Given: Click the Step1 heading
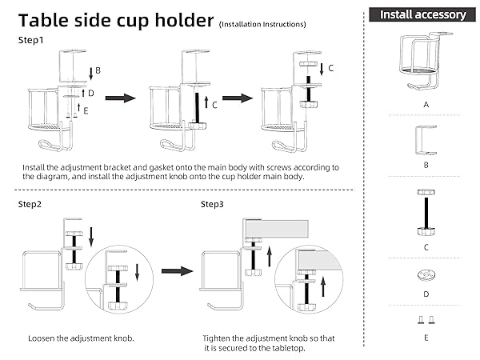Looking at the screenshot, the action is (x=31, y=40).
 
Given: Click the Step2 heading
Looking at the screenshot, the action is (x=30, y=204).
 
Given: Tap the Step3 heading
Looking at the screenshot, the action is (x=212, y=204).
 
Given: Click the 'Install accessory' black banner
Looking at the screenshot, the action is (x=422, y=14).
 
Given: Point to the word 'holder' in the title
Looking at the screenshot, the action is (x=184, y=20).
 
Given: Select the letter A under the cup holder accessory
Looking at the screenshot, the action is (x=426, y=105).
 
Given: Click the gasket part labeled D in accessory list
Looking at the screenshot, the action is (x=426, y=274).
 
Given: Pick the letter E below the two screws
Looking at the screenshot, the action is (x=426, y=338).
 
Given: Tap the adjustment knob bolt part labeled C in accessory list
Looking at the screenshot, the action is (x=426, y=213).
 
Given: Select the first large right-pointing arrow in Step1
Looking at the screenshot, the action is (x=120, y=98).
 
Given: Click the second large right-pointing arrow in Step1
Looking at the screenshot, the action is (x=238, y=98).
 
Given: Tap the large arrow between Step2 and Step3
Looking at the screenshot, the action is (x=178, y=271).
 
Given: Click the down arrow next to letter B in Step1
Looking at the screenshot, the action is (x=91, y=74).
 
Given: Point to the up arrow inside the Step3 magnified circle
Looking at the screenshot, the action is (x=323, y=286).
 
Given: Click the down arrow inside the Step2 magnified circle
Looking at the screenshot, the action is (x=137, y=272).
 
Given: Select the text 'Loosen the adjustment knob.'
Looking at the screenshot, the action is (x=81, y=338).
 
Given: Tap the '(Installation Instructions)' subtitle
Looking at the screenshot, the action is (x=262, y=24).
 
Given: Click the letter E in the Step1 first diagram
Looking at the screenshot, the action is (x=86, y=111).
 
